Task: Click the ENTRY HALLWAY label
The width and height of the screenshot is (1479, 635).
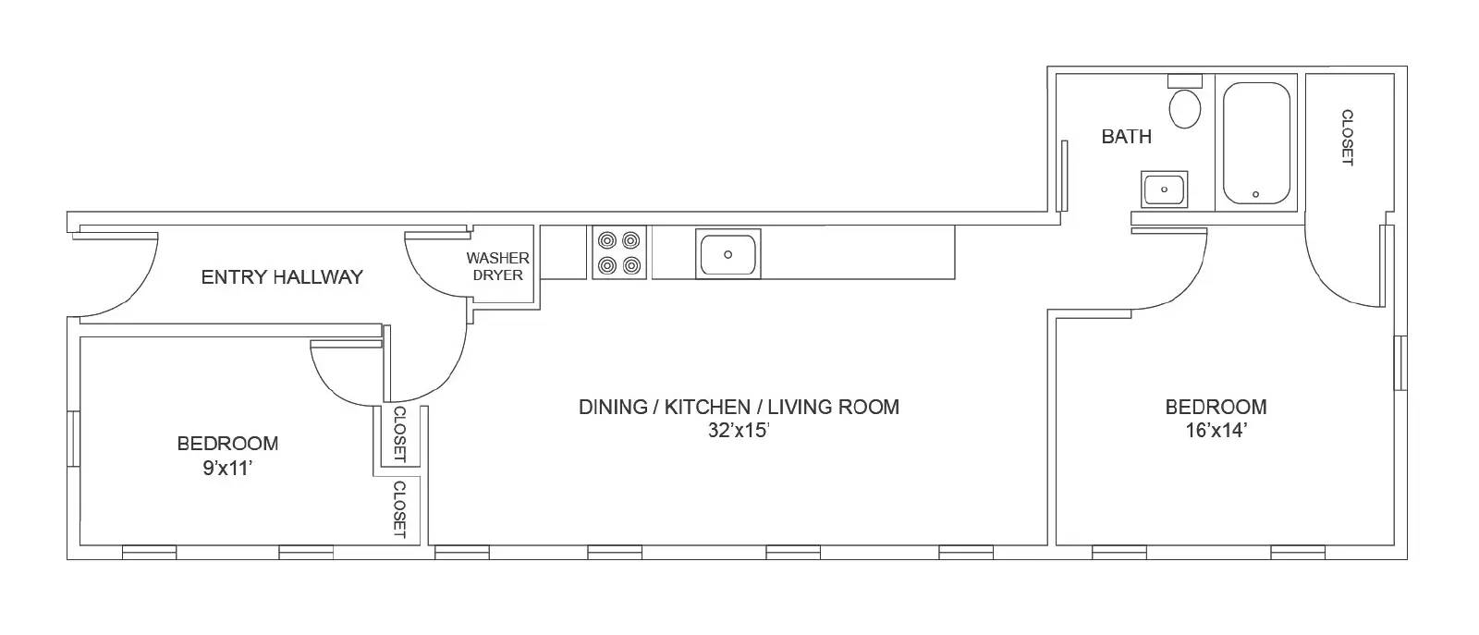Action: pyautogui.click(x=282, y=276)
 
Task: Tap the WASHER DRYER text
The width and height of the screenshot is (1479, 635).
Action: pyautogui.click(x=497, y=266)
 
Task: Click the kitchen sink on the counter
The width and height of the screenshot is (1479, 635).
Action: pyautogui.click(x=727, y=253)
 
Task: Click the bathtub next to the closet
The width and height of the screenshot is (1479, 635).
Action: pyautogui.click(x=1256, y=143)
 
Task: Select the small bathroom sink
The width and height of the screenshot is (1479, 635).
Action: pyautogui.click(x=1165, y=190)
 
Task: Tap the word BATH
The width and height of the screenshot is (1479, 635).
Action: pyautogui.click(x=1126, y=137)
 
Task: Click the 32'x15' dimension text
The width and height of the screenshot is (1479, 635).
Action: pyautogui.click(x=739, y=430)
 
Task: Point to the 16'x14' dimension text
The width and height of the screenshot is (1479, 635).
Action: pyautogui.click(x=1216, y=430)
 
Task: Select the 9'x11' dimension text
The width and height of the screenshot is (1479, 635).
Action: pyautogui.click(x=227, y=468)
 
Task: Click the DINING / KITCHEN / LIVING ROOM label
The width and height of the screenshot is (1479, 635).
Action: pyautogui.click(x=739, y=407)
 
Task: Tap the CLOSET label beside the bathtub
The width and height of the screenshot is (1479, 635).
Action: pyautogui.click(x=1347, y=138)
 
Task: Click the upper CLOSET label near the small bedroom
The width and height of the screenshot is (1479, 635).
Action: pyautogui.click(x=399, y=434)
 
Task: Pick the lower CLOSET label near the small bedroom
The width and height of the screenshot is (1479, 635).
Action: pyautogui.click(x=399, y=508)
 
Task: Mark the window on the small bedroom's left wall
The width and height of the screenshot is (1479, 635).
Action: pyautogui.click(x=73, y=438)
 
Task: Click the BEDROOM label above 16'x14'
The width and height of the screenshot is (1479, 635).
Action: pyautogui.click(x=1216, y=407)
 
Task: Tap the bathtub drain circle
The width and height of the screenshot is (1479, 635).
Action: pyautogui.click(x=1255, y=194)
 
